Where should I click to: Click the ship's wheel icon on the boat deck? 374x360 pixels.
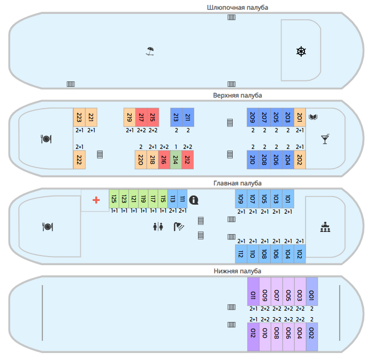coord(301,51)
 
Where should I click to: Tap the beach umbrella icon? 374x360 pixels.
coord(150,51)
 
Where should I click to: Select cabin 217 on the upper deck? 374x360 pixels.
coord(141,117)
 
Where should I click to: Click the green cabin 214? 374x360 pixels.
coord(176,160)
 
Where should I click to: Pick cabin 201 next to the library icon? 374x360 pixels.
coord(300,117)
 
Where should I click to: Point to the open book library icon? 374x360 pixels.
coord(313,117)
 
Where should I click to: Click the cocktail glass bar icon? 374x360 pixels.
coord(325,139)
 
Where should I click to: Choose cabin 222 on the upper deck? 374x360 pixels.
coord(79,160)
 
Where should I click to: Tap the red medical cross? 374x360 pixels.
coord(96,200)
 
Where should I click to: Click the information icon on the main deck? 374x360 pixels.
coord(194,200)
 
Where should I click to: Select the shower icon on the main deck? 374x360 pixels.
coord(179,227)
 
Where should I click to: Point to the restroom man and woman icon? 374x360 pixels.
coord(158,227)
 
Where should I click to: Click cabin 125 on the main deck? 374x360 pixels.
coord(114,199)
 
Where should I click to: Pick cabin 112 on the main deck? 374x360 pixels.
coord(241,254)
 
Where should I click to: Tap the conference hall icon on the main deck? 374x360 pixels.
coord(325,227)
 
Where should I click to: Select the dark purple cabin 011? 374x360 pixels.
coord(253,291)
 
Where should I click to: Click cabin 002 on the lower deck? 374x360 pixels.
coord(312,337)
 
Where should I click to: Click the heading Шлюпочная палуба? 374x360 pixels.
coord(238,7)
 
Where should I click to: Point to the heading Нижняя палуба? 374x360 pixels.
coord(238,271)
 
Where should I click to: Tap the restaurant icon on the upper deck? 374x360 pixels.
coord(46,139)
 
